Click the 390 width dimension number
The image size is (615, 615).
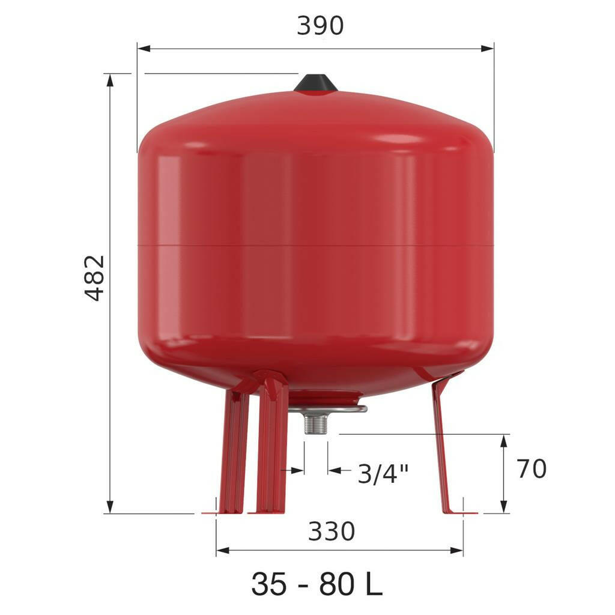pos(320,26)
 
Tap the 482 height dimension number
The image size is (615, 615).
pos(95,277)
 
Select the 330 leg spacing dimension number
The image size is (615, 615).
pos(332,532)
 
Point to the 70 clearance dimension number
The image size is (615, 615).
pos(532,468)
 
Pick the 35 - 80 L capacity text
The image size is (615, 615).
pos(317,584)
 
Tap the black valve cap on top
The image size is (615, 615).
pos(316,82)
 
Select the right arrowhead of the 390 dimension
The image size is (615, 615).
pos(488,49)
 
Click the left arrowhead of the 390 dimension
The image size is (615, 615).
pos(144,49)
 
